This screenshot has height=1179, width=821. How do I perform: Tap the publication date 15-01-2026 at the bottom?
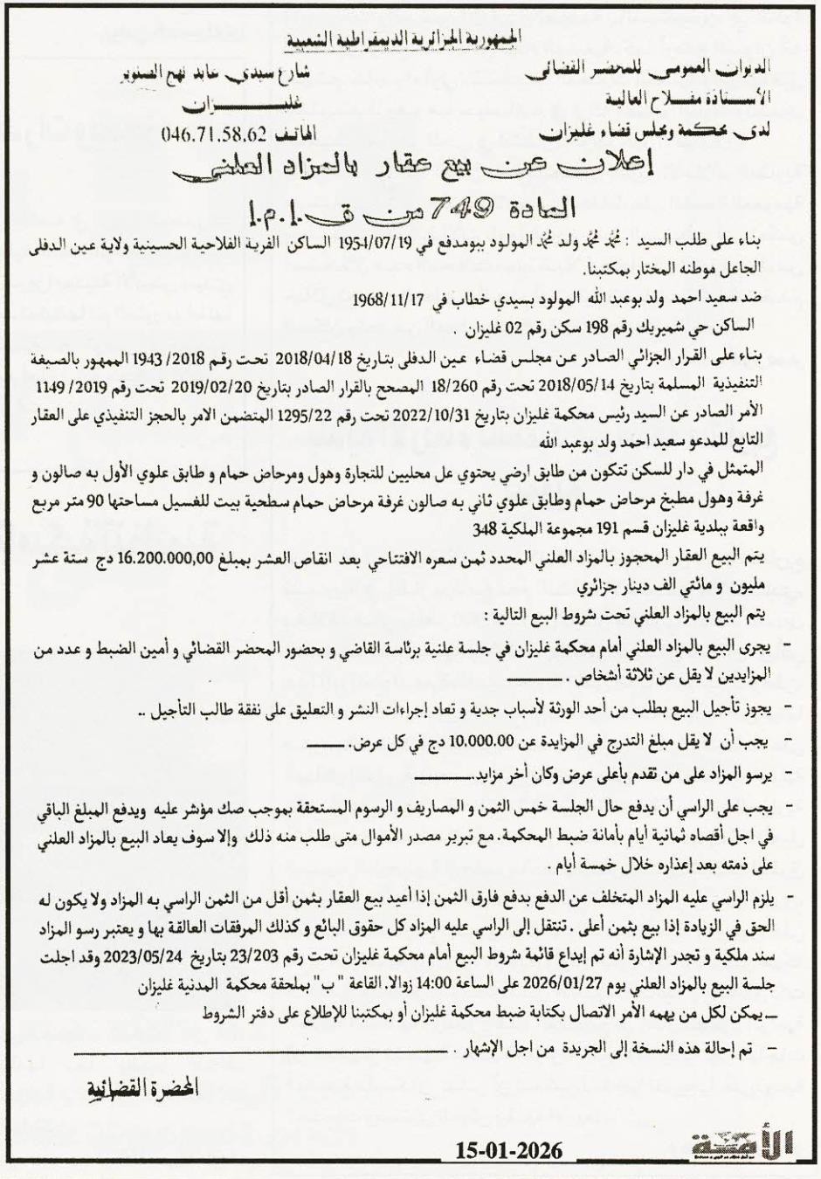coord(508,1150)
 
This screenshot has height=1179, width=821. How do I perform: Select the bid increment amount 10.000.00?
coord(479,742)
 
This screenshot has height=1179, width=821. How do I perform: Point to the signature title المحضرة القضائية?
coord(141,1088)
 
